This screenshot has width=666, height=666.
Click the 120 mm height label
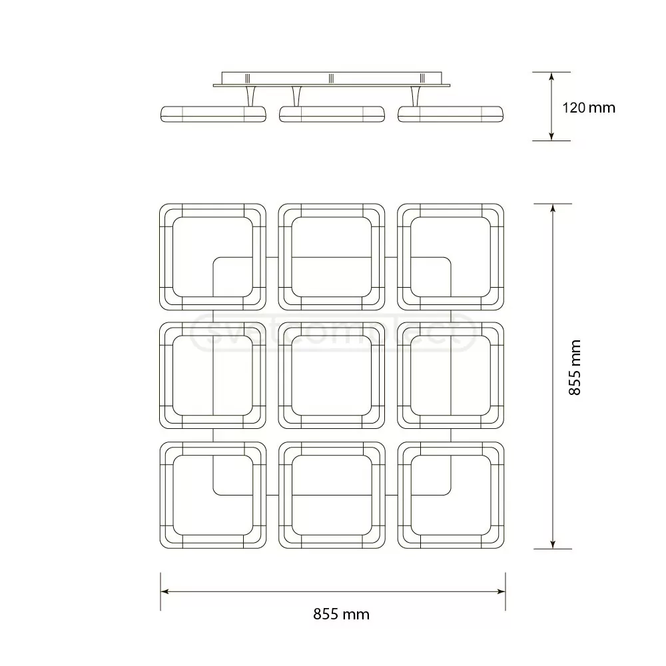coord(589,107)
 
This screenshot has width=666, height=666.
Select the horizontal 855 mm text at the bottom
coord(341,614)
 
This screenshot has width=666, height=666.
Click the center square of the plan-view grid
coord(332,376)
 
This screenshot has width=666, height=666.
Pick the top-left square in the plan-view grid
coord(213,257)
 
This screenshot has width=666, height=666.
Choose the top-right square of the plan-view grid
coord(450,257)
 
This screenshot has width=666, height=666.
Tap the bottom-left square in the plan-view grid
coord(213,495)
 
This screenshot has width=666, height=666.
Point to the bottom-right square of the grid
coord(450,495)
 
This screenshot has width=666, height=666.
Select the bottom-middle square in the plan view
coord(332,495)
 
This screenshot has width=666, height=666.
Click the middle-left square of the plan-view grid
coord(213,376)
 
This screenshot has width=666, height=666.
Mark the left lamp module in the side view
coord(213,114)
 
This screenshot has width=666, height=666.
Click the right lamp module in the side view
coord(450,114)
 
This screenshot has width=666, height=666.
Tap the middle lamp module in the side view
coord(332,114)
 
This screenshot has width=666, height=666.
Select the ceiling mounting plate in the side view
coord(332,79)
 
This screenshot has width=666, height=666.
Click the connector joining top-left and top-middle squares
coord(272,257)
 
